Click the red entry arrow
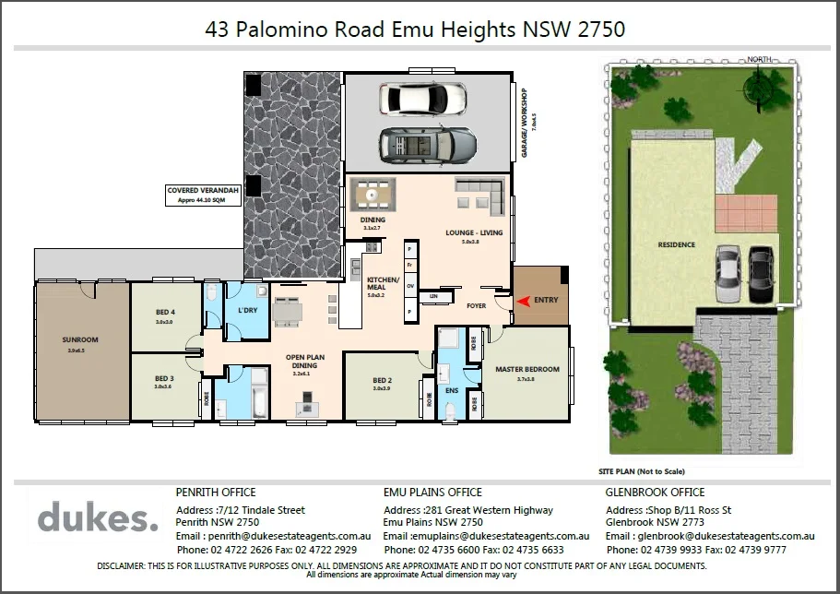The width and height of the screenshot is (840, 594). [x=523, y=301]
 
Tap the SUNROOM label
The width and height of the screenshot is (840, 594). [x=81, y=339]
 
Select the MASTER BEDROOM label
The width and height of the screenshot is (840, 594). [x=526, y=369]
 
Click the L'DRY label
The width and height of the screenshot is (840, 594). [x=247, y=310]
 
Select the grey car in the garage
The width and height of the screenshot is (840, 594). [x=428, y=142]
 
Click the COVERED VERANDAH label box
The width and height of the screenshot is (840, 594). [x=202, y=194]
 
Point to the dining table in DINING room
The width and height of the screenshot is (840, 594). [x=373, y=195]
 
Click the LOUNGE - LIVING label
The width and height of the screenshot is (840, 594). [x=474, y=232]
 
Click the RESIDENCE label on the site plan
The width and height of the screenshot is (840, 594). [x=676, y=244]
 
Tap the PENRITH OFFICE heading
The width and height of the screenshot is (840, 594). [x=216, y=493]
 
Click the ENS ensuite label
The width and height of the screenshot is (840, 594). [x=451, y=390]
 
